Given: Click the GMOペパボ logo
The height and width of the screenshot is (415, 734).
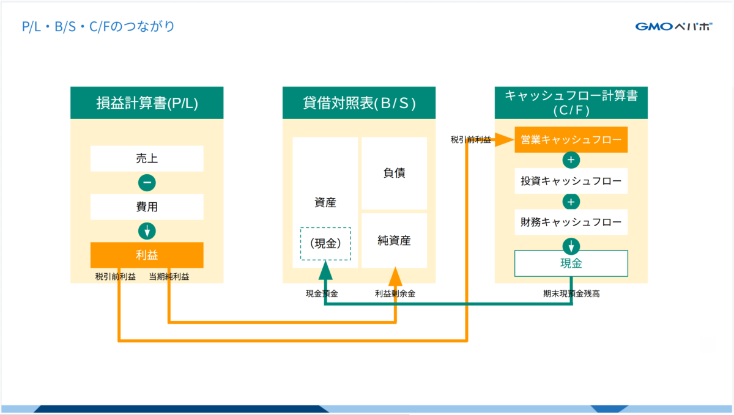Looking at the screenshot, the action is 673,26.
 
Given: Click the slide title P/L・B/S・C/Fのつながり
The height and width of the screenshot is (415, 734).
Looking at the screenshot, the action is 98,26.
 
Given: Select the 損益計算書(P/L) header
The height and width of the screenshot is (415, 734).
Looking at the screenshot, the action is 147,103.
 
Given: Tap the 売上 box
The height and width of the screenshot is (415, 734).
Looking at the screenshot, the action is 147,158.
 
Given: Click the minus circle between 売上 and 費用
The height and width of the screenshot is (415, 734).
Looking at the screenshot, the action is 147,183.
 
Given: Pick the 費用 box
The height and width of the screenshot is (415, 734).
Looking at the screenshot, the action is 147,207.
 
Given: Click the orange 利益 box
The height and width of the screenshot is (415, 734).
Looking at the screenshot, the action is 147,255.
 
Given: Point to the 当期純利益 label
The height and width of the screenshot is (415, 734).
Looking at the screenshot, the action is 169,277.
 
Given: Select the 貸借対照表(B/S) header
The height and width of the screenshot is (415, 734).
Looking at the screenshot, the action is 359,103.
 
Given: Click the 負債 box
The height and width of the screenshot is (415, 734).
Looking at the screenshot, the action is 394,173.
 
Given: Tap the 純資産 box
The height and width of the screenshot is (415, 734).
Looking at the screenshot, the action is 394,240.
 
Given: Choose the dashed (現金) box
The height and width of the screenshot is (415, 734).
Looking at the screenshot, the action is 325,244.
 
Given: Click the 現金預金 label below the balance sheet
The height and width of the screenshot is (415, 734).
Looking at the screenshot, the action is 322,293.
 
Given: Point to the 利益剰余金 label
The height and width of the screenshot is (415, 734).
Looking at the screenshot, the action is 395,293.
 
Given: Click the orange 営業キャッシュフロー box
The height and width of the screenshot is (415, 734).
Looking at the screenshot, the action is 571,139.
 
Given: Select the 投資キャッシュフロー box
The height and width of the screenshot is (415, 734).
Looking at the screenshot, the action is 571,181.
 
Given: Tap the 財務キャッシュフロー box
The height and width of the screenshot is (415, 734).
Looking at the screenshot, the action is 571,222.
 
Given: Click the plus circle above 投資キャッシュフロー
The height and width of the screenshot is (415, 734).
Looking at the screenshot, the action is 571,160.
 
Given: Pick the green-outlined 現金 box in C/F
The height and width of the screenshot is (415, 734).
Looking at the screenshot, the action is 571,263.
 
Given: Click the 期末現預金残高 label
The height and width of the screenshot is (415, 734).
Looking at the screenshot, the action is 571,293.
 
